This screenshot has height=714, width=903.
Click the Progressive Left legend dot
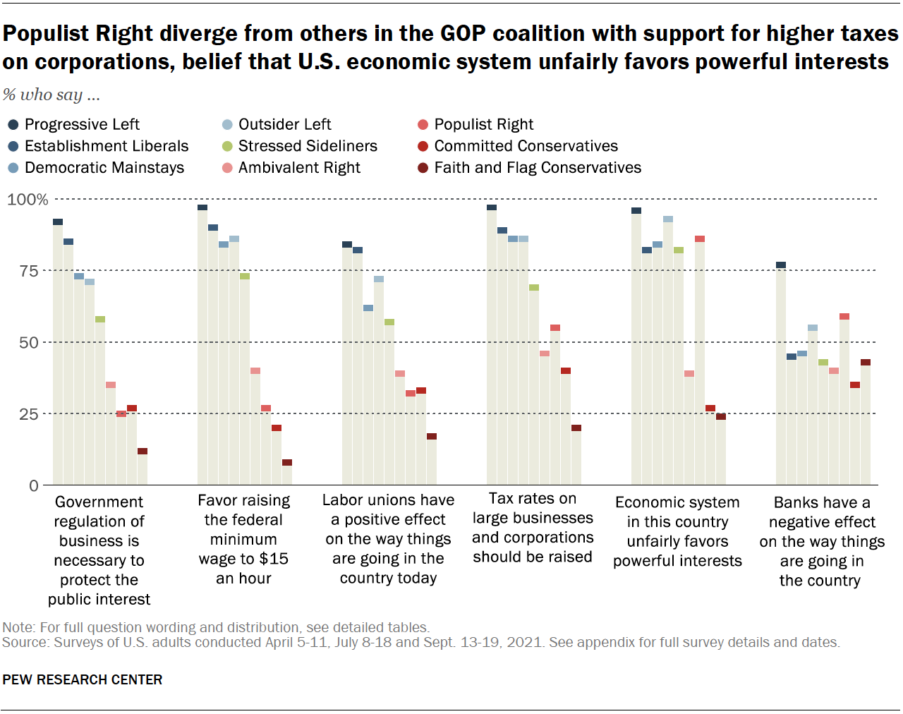pyautogui.click(x=13, y=125)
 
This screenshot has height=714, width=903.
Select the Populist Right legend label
pyautogui.click(x=483, y=125)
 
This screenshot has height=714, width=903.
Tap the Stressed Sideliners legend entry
pyautogui.click(x=308, y=146)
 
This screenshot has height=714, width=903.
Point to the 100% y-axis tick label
pyautogui.click(x=28, y=200)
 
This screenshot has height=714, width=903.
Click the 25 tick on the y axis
pyautogui.click(x=29, y=414)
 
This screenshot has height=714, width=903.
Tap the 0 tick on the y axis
pyautogui.click(x=34, y=486)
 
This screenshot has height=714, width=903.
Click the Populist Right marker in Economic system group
pyautogui.click(x=700, y=239)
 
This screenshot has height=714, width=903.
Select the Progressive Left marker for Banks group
pyautogui.click(x=781, y=265)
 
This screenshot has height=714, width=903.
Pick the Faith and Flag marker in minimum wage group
pyautogui.click(x=287, y=463)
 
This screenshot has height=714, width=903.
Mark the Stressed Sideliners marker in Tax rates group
pyautogui.click(x=534, y=288)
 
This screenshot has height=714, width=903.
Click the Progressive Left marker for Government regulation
pyautogui.click(x=58, y=222)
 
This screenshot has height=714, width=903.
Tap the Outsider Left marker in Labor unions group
pyautogui.click(x=379, y=279)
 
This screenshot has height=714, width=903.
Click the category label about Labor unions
pyautogui.click(x=388, y=539)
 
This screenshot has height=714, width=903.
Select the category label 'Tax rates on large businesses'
pyautogui.click(x=533, y=528)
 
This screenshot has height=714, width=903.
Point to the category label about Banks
pyautogui.click(x=821, y=541)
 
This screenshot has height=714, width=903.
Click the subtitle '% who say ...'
pyautogui.click(x=51, y=95)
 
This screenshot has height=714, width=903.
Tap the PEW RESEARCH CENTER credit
pyautogui.click(x=83, y=679)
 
